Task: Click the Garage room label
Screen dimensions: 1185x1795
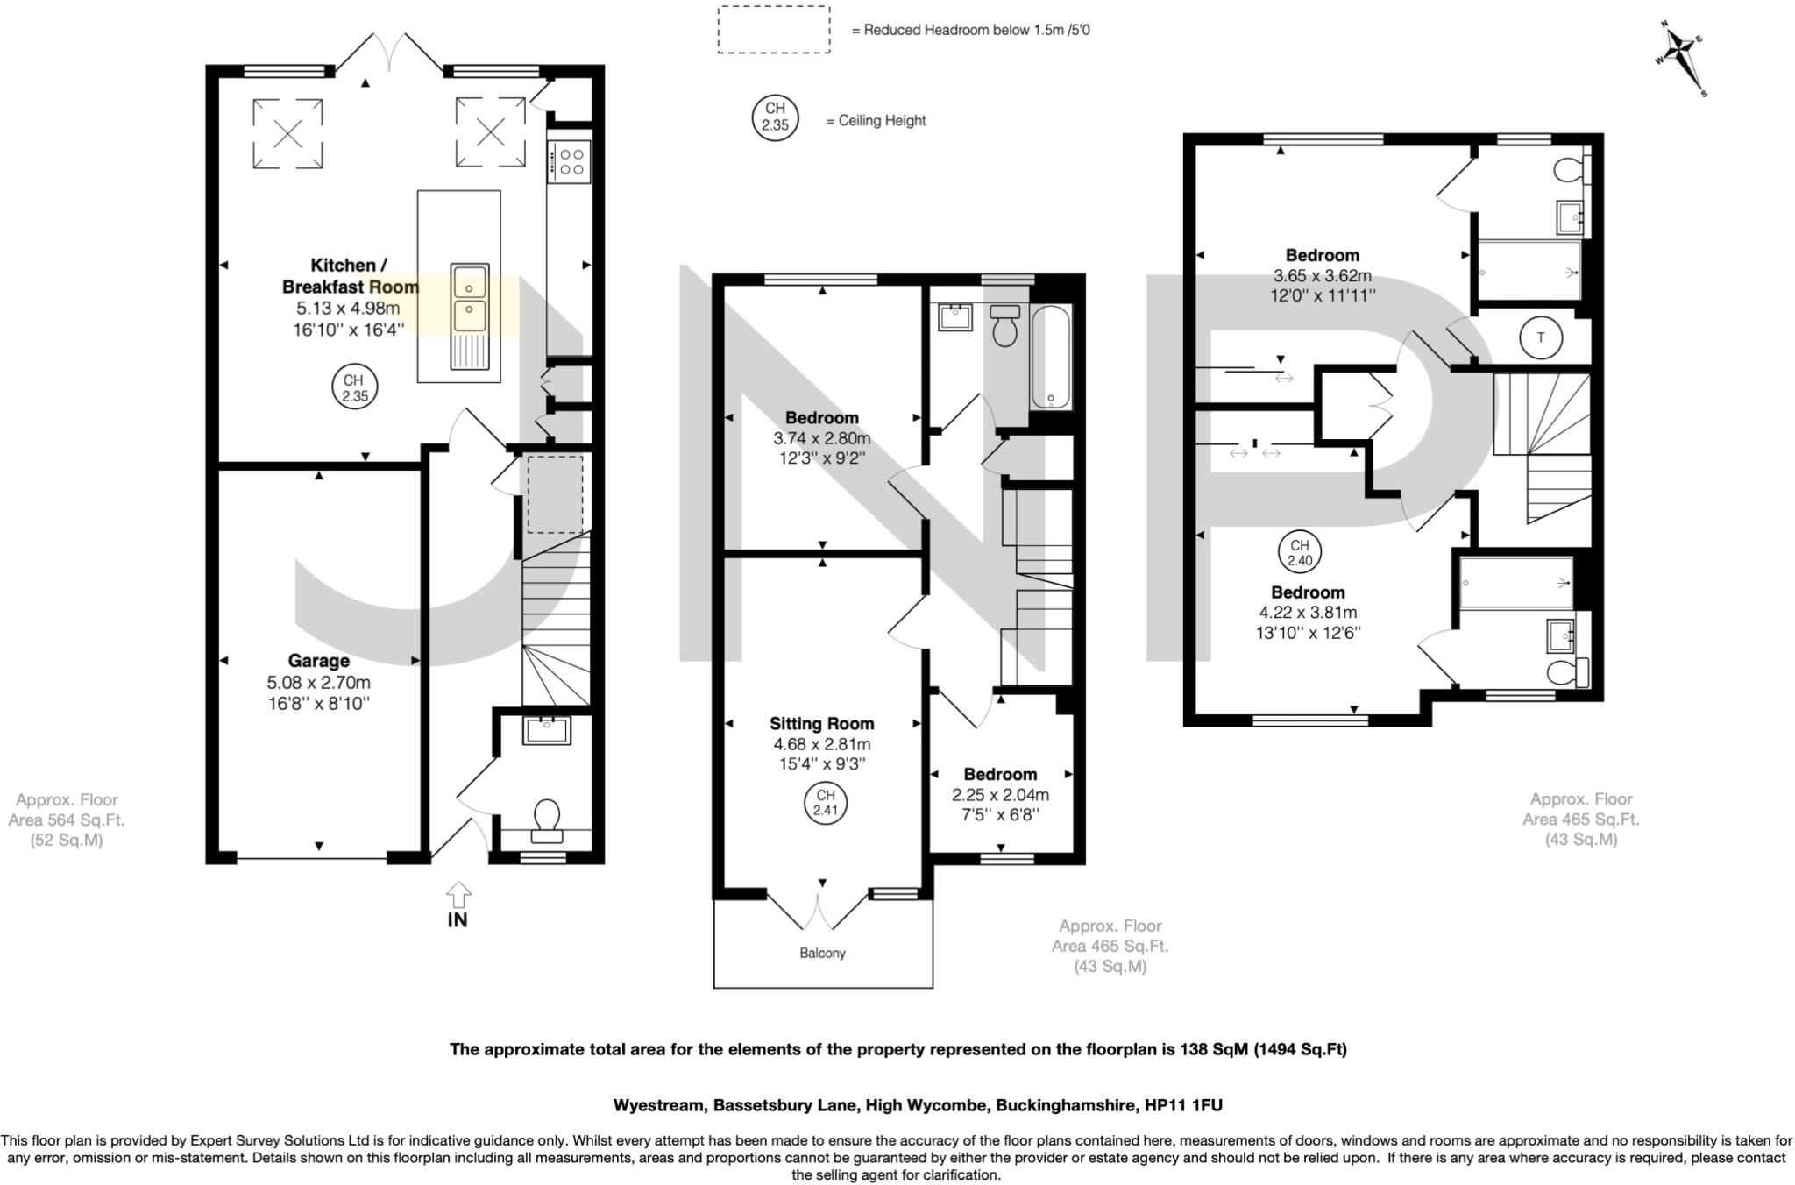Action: pos(318,661)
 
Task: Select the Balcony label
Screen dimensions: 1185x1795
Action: pos(822,953)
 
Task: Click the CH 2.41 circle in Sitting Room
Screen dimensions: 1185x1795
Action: pos(826,803)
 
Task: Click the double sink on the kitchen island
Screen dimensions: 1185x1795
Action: pos(470,299)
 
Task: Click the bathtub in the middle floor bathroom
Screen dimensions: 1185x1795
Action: pos(1050,358)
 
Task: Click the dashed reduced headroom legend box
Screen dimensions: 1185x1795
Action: pos(773,30)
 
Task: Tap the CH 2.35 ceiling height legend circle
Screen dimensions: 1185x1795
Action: pos(775,117)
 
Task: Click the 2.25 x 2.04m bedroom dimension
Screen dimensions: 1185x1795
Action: pos(1000,795)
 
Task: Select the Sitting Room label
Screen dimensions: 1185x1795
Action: pos(821,724)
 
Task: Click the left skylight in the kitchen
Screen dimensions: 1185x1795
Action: pos(287,133)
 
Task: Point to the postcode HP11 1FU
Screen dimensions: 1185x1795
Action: pos(1183,1105)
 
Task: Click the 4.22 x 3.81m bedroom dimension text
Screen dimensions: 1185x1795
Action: pos(1308,613)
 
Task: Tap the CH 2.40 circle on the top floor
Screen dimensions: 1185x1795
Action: pos(1299,552)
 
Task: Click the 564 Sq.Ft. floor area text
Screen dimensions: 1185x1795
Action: pos(67,820)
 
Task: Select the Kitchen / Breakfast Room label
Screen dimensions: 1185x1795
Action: pos(350,275)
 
